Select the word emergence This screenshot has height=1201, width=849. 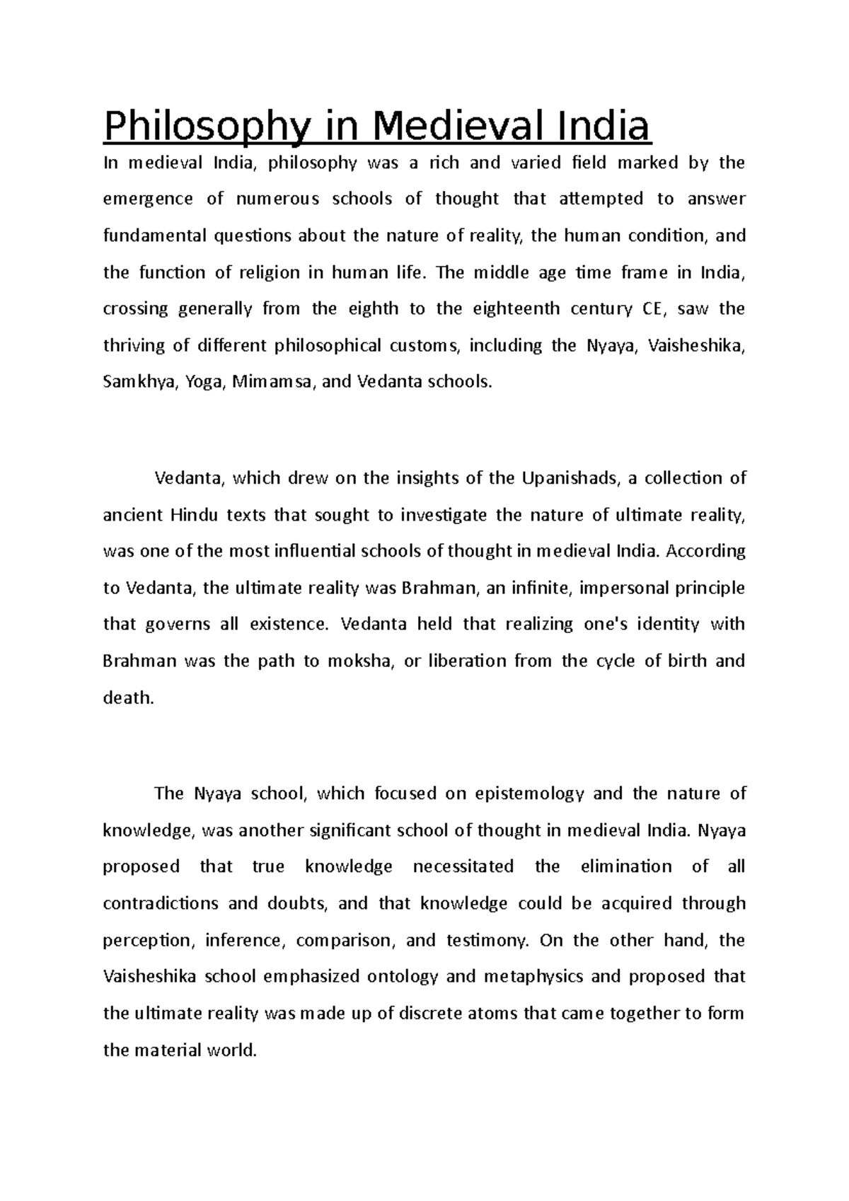148,199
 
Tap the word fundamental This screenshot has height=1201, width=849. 151,236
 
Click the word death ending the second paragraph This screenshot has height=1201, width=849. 127,698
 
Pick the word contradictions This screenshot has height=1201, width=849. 161,903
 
